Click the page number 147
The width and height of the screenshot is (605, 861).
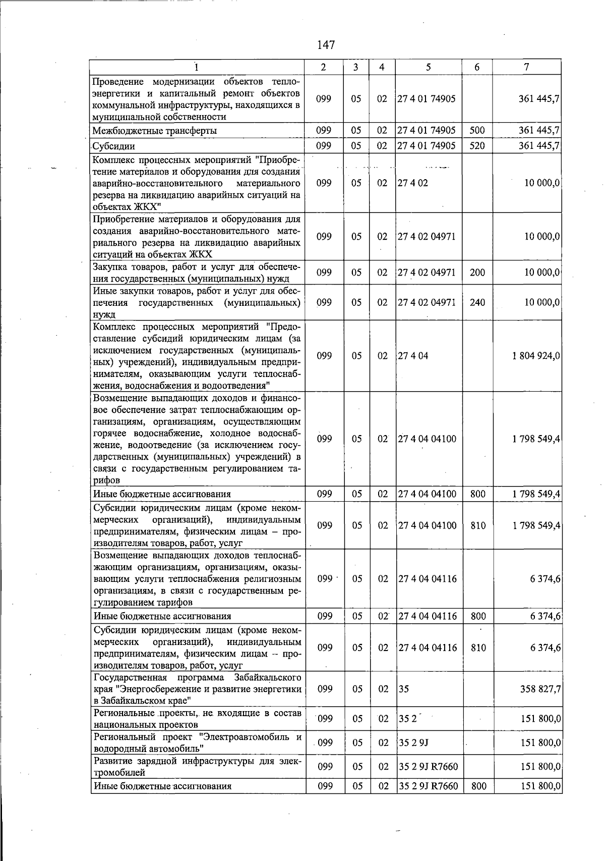pos(326,45)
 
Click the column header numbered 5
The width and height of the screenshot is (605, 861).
pos(428,67)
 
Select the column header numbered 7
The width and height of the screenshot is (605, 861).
pos(526,67)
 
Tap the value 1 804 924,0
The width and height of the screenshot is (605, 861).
pos(536,356)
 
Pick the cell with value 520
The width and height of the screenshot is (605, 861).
pos(477,146)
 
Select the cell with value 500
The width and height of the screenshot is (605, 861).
pos(477,130)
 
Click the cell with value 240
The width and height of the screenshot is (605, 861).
pos(477,302)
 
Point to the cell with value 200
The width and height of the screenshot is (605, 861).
pos(477,273)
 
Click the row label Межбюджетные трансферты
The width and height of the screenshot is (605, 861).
pos(155,131)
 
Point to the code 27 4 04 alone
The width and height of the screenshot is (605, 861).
pos(413,356)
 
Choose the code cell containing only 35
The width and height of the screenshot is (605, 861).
pos(403,689)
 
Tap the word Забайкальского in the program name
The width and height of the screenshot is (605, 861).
pos(269,677)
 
